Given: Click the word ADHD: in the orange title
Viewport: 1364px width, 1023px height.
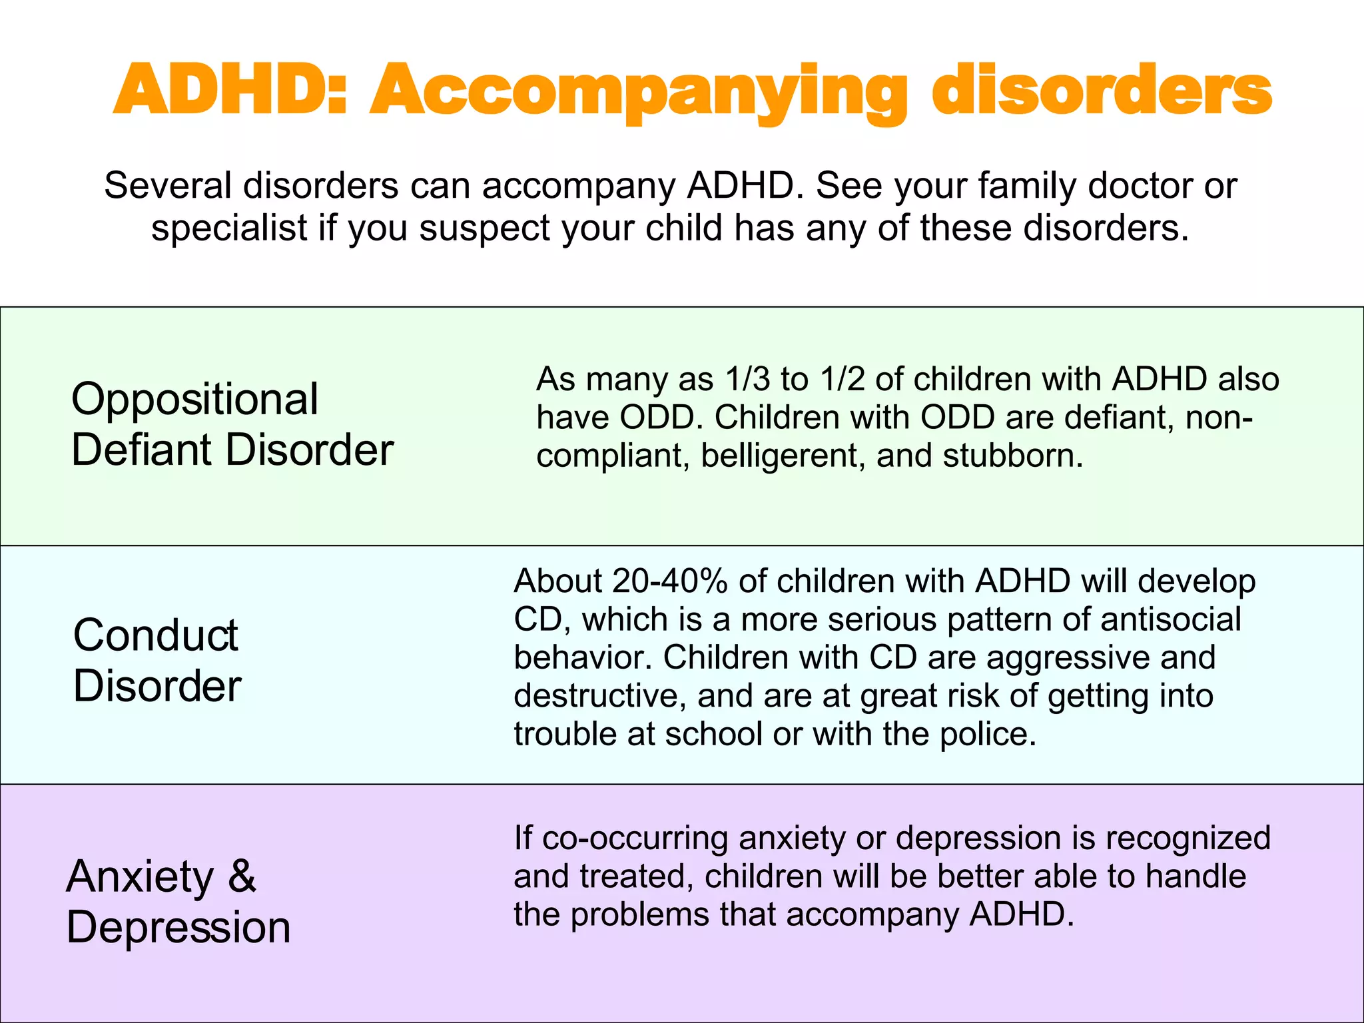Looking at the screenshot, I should [x=230, y=90].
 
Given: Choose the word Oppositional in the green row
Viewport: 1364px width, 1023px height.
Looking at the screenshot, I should [x=194, y=399].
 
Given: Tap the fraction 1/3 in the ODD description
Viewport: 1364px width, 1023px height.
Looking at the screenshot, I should [x=747, y=379].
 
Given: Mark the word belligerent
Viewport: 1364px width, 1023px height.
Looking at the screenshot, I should [x=783, y=456].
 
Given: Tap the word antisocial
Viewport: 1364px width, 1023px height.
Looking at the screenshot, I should [x=1170, y=619].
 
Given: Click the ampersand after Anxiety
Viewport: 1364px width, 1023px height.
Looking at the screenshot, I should [x=242, y=876].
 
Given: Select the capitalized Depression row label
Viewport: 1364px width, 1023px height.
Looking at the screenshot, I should [x=178, y=927].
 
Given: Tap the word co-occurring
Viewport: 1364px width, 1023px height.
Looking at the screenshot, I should [x=635, y=838].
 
